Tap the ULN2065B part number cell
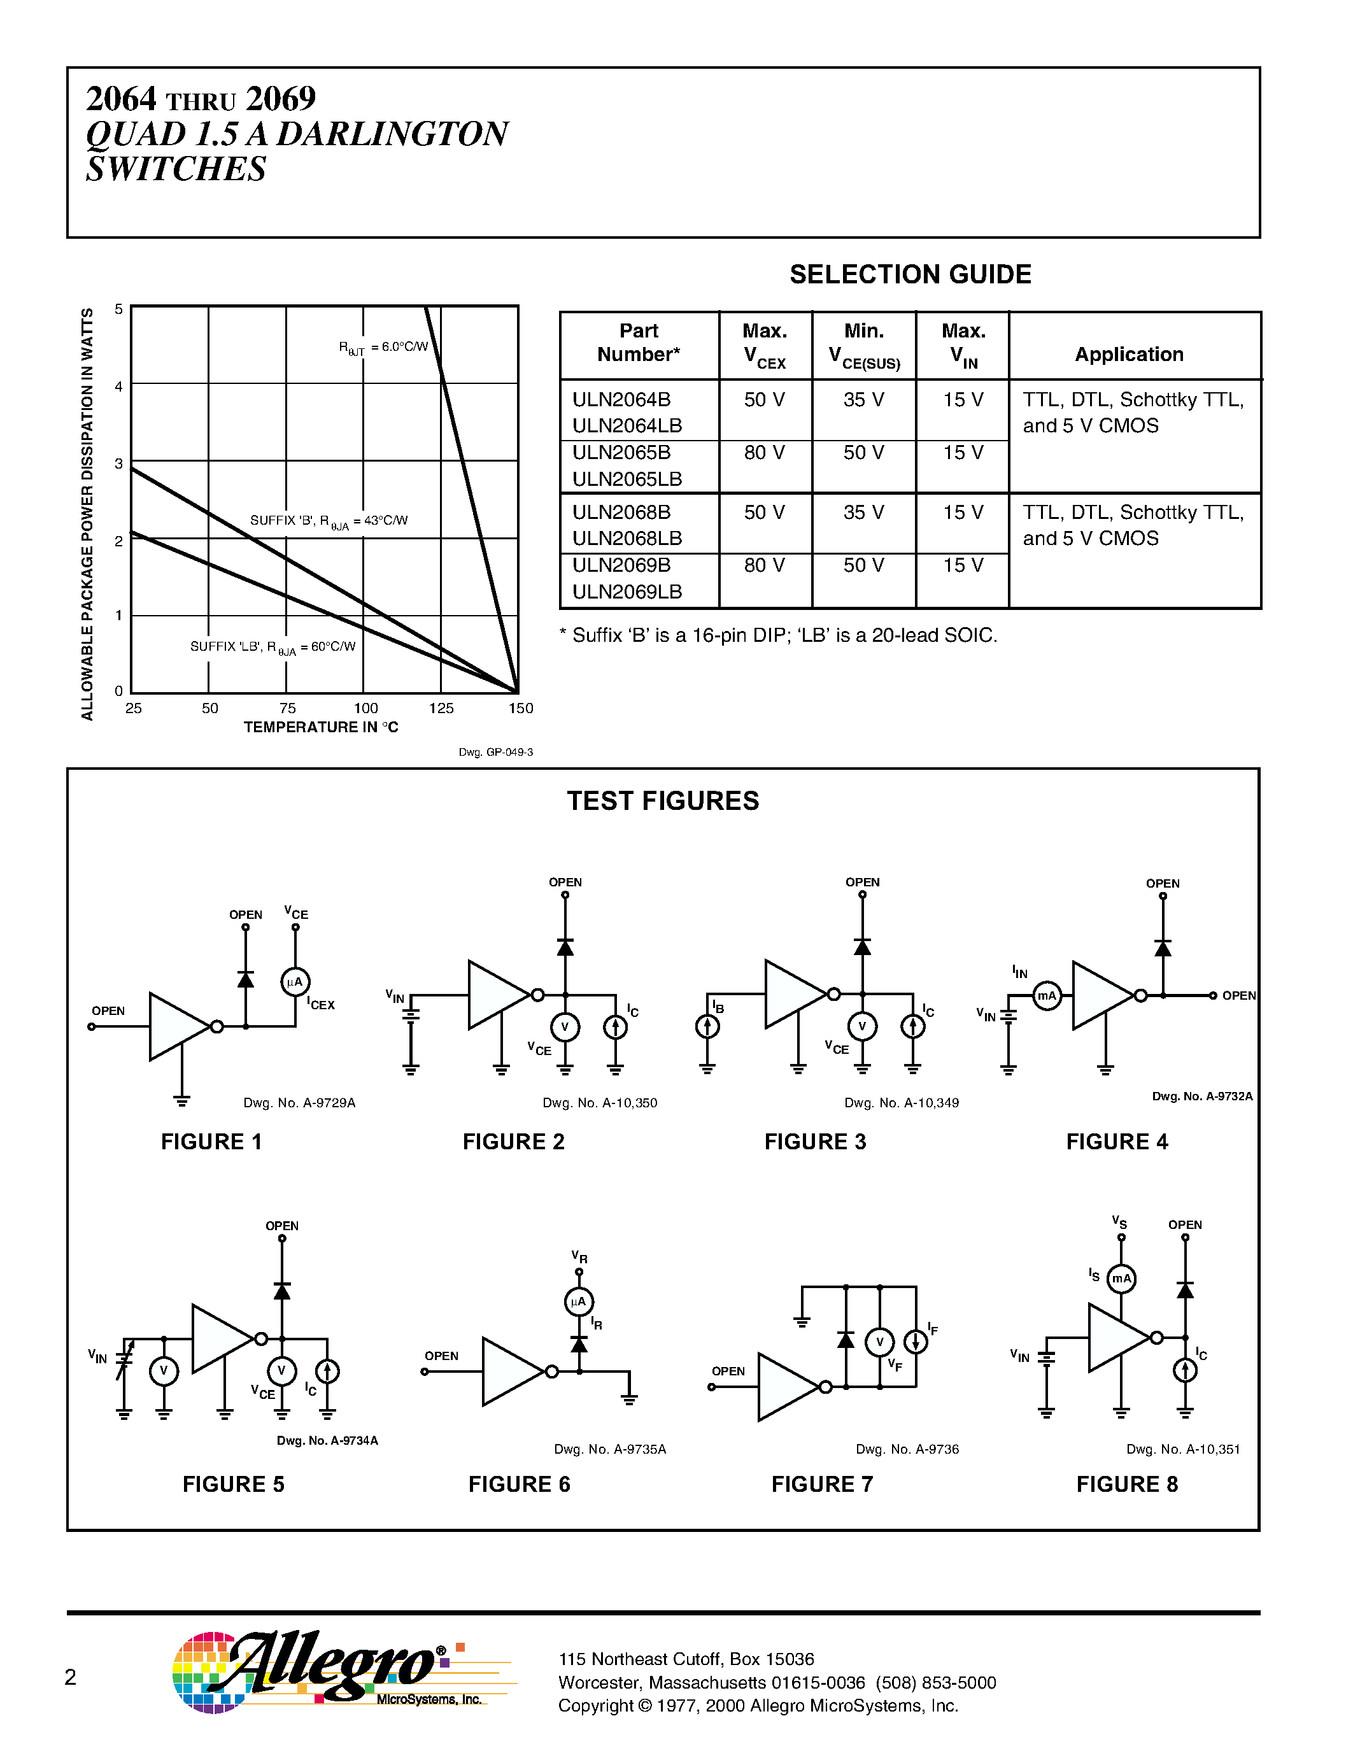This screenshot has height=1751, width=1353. click(621, 453)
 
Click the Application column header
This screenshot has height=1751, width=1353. click(1129, 355)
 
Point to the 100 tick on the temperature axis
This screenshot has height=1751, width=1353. click(365, 709)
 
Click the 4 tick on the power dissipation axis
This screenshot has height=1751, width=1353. click(118, 386)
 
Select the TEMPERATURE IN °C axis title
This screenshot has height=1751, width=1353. click(321, 727)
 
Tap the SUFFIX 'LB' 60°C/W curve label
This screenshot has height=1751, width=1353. click(273, 647)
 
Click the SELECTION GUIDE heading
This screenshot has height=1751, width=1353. click(910, 274)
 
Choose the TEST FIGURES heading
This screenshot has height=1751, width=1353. click(663, 801)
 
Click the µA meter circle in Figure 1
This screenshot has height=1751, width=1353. click(295, 982)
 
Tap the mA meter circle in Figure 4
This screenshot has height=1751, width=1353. click(1047, 996)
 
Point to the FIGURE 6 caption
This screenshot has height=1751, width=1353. click(518, 1485)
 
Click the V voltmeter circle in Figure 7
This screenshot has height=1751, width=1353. click(879, 1342)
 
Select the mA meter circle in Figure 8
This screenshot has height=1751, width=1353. click(1121, 1279)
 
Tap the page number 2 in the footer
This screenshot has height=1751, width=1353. click(71, 1677)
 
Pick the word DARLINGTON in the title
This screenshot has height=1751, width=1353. click(392, 134)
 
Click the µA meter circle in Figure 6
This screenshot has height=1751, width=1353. click(579, 1302)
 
